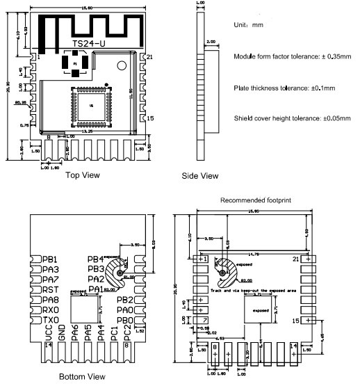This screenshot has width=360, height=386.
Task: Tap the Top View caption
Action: pos(84,175)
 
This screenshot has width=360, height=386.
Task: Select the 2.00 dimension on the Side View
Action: pos(210,42)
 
